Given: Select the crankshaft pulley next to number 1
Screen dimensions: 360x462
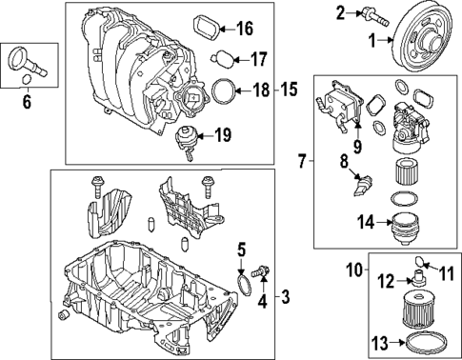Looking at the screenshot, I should coord(425,35).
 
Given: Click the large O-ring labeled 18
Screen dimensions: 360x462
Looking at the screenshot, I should coord(222,91).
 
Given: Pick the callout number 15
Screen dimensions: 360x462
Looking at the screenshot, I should coord(290,90).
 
